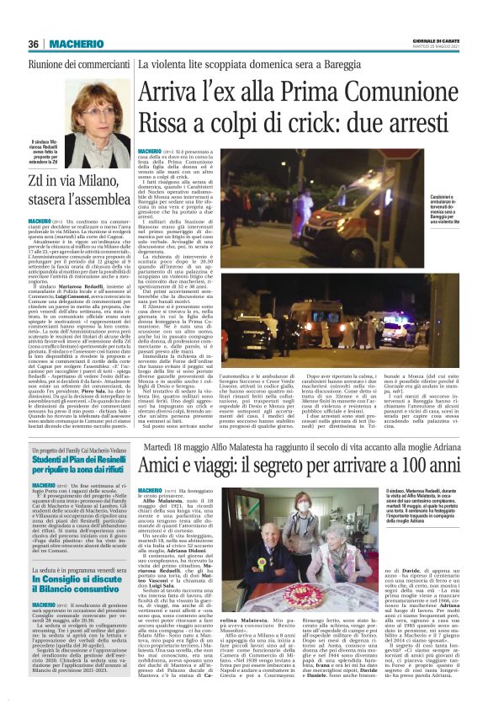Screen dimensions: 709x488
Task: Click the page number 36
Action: click(x=33, y=43)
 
